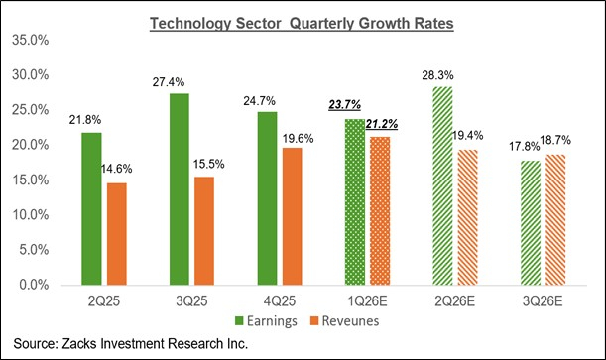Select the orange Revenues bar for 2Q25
117,233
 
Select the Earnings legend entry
263,320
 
